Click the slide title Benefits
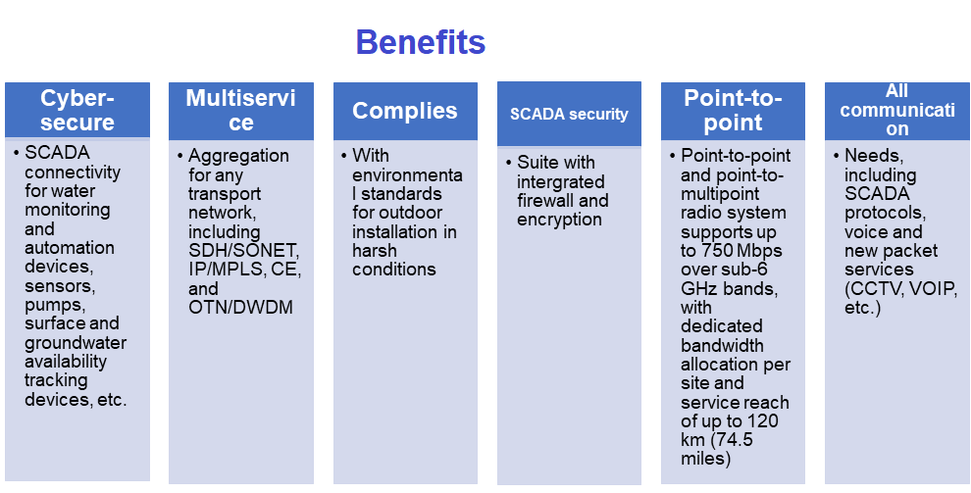[420, 42]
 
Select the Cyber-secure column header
[77, 110]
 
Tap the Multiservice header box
[240, 110]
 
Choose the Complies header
[405, 111]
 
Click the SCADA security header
[569, 114]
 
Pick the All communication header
[896, 110]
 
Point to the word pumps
[49, 304]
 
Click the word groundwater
[76, 342]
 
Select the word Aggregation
[238, 156]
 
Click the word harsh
[375, 251]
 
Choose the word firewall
[546, 201]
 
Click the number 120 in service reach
[774, 421]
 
